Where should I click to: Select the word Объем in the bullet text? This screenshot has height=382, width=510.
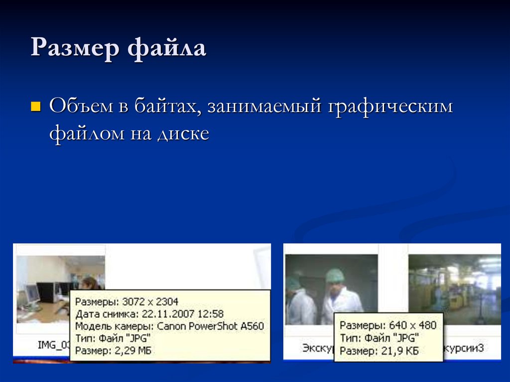tap(81, 107)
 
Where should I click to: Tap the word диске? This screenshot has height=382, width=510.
tap(183, 133)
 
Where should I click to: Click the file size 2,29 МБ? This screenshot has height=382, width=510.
tap(133, 351)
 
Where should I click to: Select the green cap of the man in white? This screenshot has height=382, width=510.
tap(335, 275)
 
